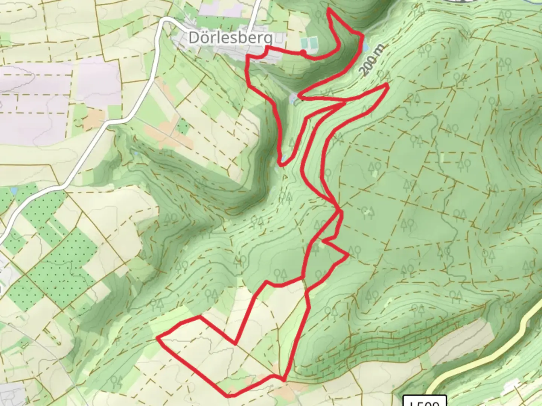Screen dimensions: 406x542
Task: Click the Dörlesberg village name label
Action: pyautogui.click(x=231, y=38)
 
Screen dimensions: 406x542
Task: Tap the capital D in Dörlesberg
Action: pyautogui.click(x=194, y=38)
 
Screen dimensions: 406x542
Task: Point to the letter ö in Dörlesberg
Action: pyautogui.click(x=205, y=38)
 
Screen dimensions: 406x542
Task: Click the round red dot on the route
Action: pyautogui.click(x=303, y=52)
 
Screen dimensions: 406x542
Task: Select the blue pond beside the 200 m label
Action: pyautogui.click(x=365, y=46)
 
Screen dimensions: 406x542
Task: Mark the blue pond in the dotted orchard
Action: pyautogui.click(x=14, y=191)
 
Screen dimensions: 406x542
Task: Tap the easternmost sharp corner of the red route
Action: pyautogui.click(x=388, y=85)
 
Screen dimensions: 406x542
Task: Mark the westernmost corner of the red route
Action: pyautogui.click(x=157, y=338)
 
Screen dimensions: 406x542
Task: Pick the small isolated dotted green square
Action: pyautogui.click(x=183, y=127)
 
